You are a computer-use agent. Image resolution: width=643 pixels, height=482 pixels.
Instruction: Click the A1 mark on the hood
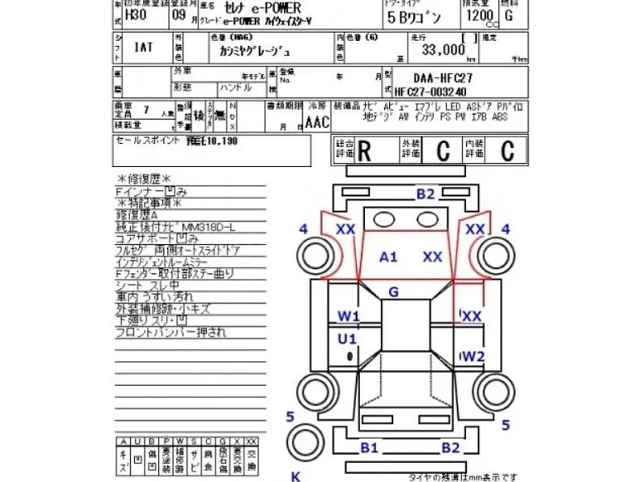pos(389,257)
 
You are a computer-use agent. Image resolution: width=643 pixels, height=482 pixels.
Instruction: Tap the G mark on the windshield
pos(393,292)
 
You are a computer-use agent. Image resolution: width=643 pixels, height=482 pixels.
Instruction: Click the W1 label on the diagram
pos(348,316)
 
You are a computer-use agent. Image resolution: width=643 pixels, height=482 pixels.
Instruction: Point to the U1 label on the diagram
pos(347,337)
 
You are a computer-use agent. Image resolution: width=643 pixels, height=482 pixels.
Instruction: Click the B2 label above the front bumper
pos(425,194)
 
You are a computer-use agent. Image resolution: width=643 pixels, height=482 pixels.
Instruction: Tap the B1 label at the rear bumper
pos(369,447)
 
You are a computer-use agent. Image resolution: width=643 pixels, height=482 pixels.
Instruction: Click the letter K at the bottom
pos(294,476)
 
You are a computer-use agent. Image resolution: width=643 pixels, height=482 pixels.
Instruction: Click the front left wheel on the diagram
pos(311,256)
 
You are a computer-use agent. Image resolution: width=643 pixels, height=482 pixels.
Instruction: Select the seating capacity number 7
pos(145,107)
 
